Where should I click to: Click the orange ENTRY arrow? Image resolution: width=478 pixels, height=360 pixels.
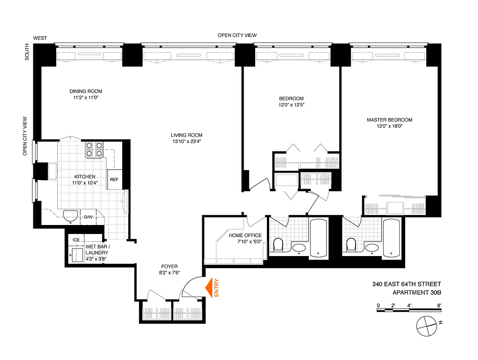(x=209, y=288)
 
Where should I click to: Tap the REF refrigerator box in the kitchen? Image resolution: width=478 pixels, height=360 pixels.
(x=114, y=180)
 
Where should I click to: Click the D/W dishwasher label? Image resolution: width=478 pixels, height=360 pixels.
(x=88, y=217)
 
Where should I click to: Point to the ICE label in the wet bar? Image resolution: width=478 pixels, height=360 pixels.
(x=77, y=240)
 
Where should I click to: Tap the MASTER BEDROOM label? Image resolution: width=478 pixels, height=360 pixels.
(x=389, y=120)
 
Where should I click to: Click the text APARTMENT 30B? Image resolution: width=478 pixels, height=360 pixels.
(x=417, y=292)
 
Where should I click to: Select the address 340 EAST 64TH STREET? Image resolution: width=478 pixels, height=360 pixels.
(x=406, y=284)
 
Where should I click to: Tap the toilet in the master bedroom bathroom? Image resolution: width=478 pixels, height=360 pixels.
(x=352, y=245)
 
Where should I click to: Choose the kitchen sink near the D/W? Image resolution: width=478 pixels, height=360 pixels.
(x=71, y=216)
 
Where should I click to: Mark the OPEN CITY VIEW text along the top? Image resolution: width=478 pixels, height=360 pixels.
(x=237, y=36)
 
